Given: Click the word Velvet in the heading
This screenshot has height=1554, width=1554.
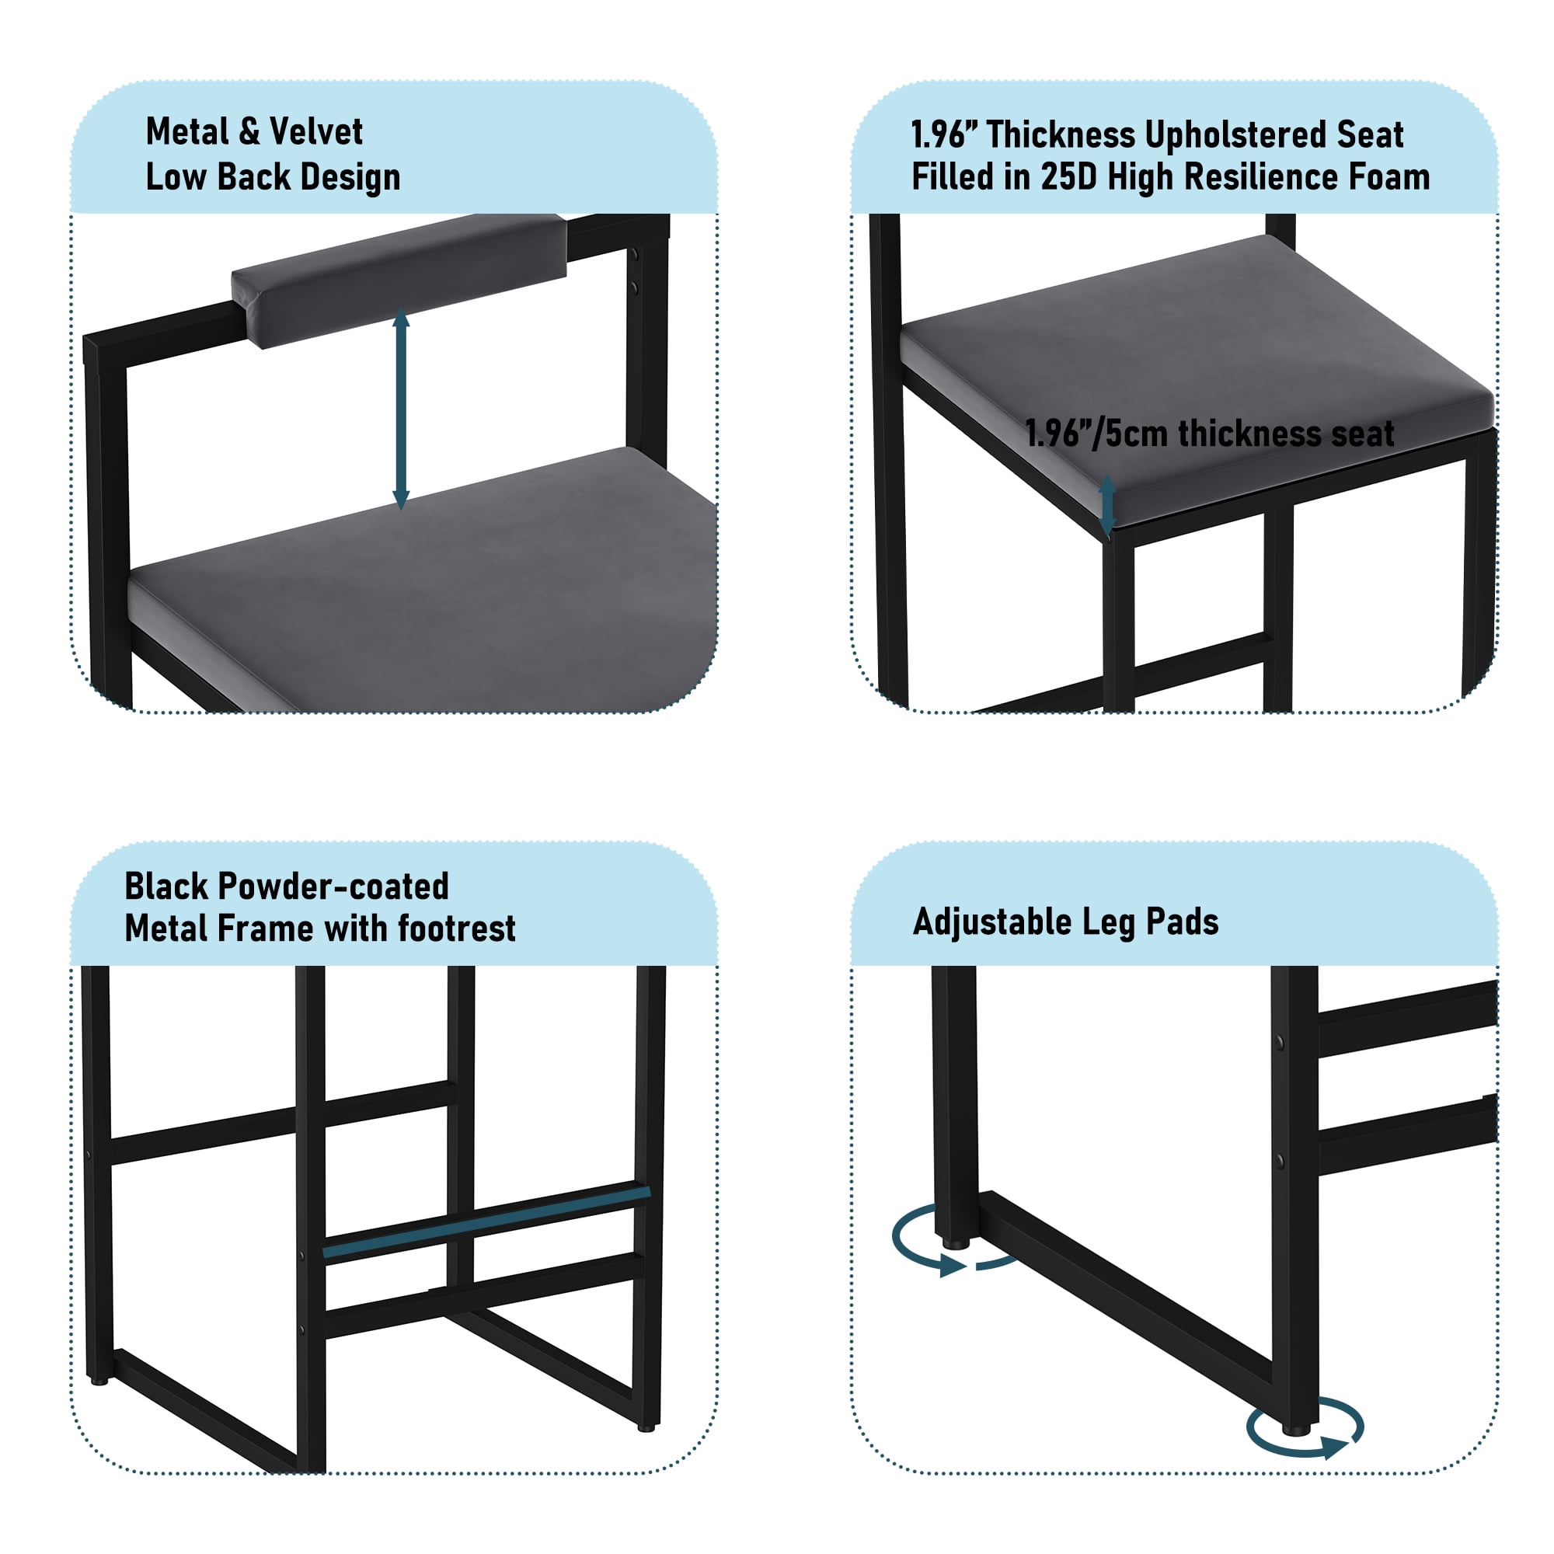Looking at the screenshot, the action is click(315, 131).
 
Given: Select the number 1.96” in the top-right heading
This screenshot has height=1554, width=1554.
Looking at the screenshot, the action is click(938, 134).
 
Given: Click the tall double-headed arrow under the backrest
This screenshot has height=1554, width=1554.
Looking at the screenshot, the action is click(402, 410).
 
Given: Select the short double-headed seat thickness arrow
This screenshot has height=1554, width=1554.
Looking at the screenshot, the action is click(1107, 505).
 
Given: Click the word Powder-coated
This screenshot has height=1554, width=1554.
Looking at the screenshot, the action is click(333, 887).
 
